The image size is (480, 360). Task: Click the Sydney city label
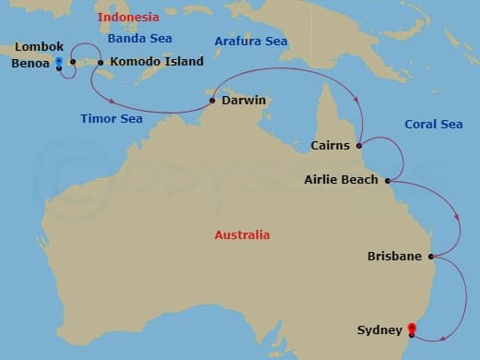coord(379,330)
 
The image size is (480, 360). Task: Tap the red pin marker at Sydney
coord(413,328)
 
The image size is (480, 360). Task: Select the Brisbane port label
coord(394,256)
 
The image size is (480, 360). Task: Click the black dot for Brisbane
coord(431,256)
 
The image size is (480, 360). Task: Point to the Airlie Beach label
coord(341,180)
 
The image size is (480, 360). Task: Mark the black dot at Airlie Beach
coord(388,180)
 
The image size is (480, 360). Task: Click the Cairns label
coord(330,145)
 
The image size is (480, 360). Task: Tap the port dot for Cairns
coord(358,144)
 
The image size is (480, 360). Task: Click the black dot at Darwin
coord(212,101)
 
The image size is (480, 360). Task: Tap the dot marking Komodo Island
coord(101,63)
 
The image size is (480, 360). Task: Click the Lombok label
coord(39,46)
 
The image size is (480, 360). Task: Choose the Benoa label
coord(30,65)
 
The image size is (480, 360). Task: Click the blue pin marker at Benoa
coord(59,63)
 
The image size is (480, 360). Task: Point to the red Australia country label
coord(242,235)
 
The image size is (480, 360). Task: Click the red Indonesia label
coord(127,17)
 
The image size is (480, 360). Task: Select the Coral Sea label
coord(433,125)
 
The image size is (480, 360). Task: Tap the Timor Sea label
coord(111,119)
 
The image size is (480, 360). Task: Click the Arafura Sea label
coord(250,42)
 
